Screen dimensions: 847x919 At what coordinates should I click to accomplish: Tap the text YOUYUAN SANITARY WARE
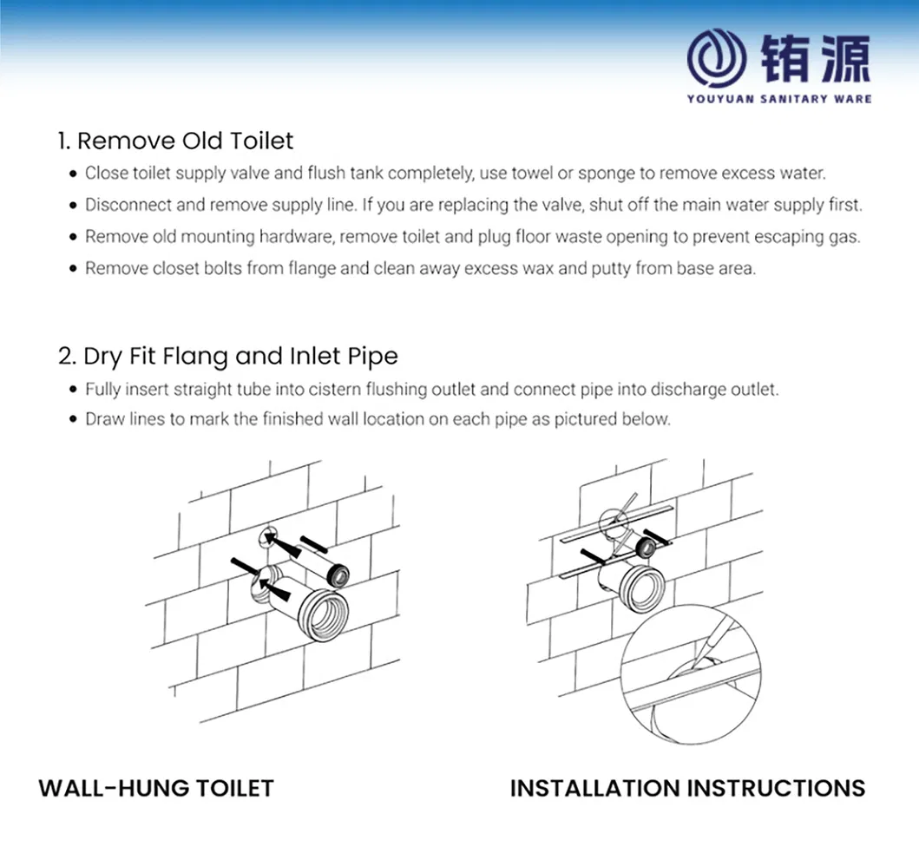778,99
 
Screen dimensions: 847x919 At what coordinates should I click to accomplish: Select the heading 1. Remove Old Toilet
176,141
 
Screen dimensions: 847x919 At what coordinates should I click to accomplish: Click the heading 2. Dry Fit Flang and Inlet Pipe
228,356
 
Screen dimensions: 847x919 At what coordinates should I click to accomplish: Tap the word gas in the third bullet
847,237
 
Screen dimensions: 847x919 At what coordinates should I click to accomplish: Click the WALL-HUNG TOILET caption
156,788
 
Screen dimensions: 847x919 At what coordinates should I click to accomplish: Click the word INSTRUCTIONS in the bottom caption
776,788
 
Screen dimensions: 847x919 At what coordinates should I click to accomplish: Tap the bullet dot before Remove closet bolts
74,270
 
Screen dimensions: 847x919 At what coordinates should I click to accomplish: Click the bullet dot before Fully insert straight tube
74,390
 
